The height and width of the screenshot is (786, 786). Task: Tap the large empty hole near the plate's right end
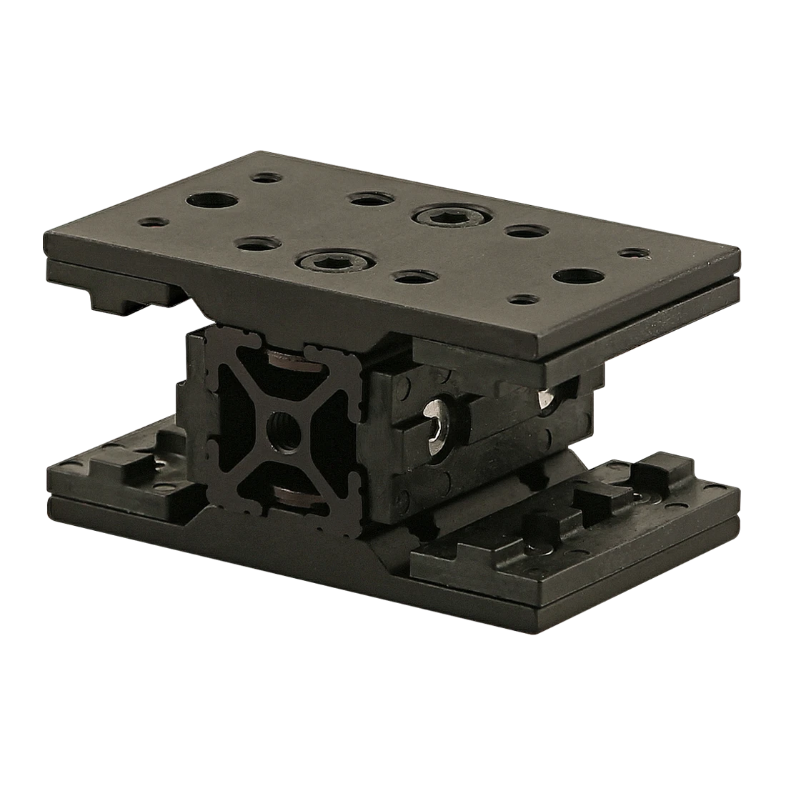pyautogui.click(x=577, y=276)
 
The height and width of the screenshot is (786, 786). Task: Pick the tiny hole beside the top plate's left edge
pyautogui.click(x=151, y=224)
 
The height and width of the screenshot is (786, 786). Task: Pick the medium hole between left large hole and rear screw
pyautogui.click(x=369, y=198)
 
